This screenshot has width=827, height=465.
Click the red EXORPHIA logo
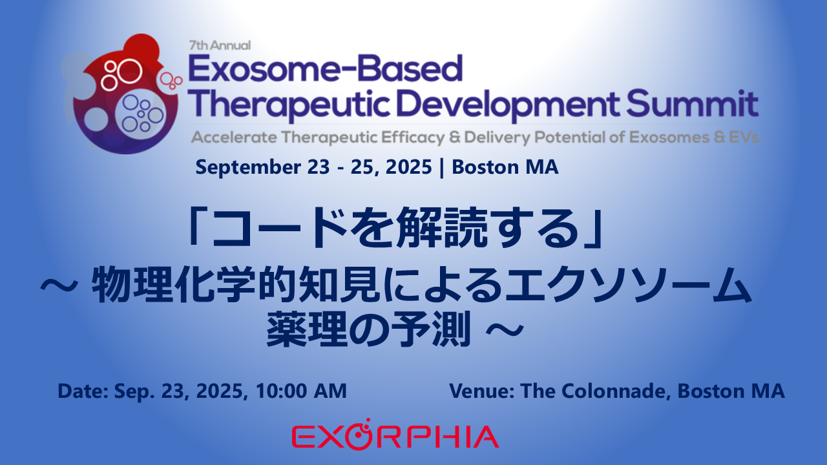tap(395, 435)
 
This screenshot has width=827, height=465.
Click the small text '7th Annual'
tap(220, 45)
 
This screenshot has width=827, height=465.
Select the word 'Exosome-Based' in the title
tap(326, 68)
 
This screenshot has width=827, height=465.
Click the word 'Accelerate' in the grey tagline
tap(234, 138)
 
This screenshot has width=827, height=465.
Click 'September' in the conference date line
tap(248, 167)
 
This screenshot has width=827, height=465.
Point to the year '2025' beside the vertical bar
tap(409, 167)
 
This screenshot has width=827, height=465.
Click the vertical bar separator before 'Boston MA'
tap(442, 167)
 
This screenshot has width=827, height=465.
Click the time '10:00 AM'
tap(301, 391)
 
